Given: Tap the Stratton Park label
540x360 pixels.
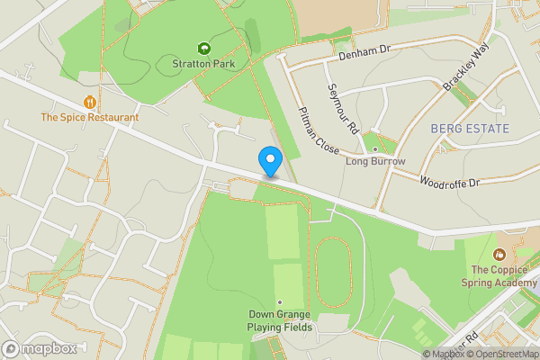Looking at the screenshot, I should [202, 64].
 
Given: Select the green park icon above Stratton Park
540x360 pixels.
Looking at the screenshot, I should [202, 49].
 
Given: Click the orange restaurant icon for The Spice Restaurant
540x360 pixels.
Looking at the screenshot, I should [90, 103].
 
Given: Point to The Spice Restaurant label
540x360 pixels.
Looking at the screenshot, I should [90, 117].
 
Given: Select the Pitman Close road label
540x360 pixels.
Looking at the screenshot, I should [318, 129].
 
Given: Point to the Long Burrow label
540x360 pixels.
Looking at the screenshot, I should [375, 162].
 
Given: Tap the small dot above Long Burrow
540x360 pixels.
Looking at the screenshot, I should [375, 149].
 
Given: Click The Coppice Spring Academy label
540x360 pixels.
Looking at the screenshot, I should [502, 275].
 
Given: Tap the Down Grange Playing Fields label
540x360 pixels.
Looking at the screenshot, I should [281, 320].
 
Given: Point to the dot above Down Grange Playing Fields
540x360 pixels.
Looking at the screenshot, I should [281, 301].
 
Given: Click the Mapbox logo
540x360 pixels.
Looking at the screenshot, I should [39, 348].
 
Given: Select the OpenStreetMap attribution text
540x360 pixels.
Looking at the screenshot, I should [501, 354].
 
